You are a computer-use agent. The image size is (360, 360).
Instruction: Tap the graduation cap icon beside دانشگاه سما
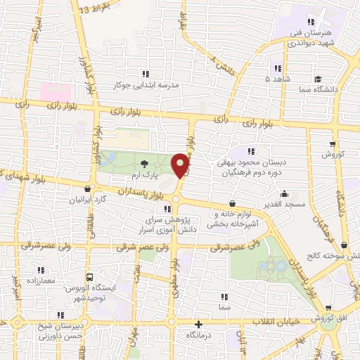point(318,79)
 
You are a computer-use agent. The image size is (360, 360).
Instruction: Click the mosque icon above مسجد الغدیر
point(284,193)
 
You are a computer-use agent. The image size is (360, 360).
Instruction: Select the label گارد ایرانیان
point(88,199)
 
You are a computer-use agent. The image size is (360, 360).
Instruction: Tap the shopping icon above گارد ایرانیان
point(88,188)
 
